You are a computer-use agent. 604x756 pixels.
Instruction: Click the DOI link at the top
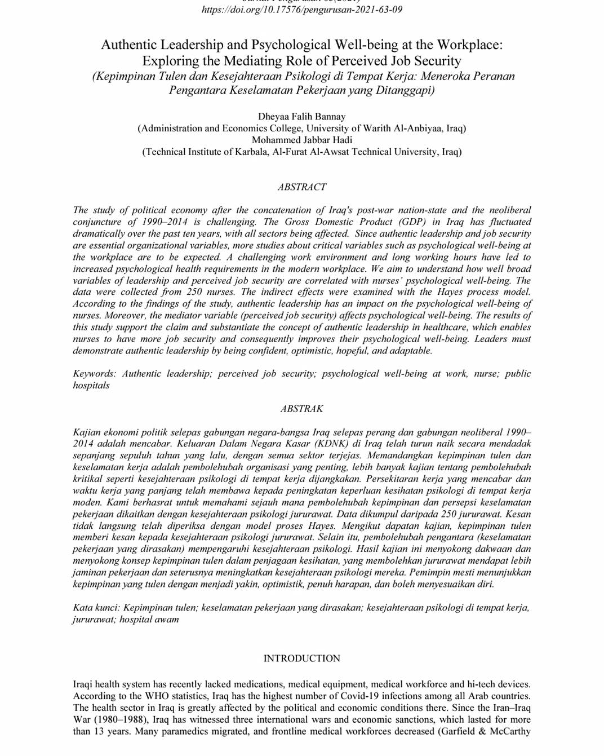coord(302,10)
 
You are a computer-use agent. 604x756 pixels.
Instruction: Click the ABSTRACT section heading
coord(302,187)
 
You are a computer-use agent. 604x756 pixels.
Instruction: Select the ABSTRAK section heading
coord(302,409)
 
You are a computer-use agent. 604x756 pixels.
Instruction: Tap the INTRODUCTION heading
coord(302,658)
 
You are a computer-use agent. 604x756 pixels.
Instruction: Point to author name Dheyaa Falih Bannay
coord(302,117)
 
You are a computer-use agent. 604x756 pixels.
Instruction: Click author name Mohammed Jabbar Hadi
coord(302,140)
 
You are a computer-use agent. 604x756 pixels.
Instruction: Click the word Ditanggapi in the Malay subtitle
coord(407,90)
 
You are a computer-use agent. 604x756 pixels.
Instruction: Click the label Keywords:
coord(95,373)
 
